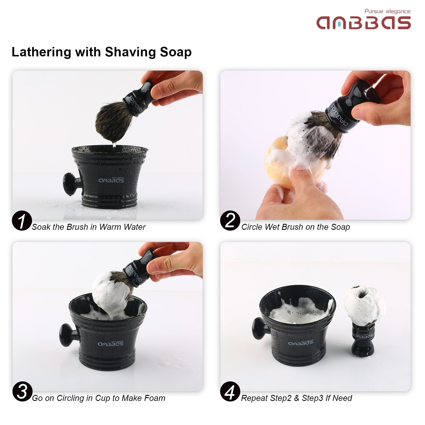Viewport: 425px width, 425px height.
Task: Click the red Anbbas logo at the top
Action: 364,23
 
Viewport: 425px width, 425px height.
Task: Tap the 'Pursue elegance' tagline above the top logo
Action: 387,11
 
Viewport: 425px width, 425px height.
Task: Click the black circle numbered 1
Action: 22,221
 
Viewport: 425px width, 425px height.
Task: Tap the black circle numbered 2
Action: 230,221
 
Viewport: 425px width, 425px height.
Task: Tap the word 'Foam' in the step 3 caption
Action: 155,398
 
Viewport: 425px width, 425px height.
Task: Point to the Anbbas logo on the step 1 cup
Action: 111,180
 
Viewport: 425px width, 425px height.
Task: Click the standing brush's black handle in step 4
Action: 363,340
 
